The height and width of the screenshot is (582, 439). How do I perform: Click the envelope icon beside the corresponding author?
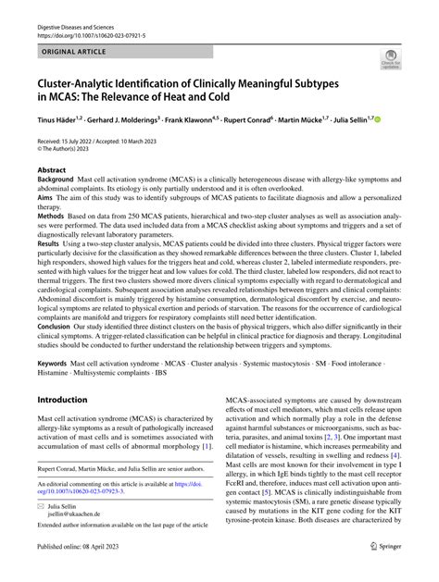point(42,507)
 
